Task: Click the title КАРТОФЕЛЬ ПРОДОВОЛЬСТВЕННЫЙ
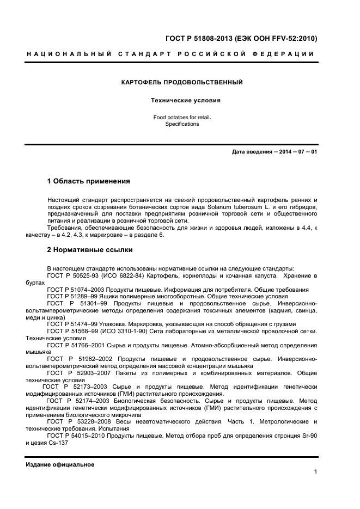pos(181,82)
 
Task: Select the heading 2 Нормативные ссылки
pos(90,250)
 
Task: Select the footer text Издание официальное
pos(60,464)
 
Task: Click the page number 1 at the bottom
pos(315,472)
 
